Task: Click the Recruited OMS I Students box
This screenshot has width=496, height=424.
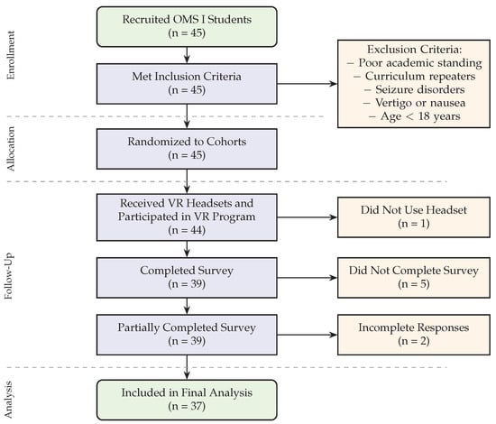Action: click(187, 27)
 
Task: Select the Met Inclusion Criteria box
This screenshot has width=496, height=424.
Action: click(187, 84)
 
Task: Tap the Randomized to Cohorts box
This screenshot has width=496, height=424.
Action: click(187, 149)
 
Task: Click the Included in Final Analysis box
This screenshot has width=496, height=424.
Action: click(187, 400)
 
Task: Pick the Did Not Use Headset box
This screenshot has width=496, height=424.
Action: click(414, 217)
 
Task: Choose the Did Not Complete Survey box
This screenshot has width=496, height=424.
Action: click(414, 278)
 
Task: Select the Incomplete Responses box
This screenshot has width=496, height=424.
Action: click(414, 335)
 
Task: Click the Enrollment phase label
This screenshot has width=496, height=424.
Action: click(11, 55)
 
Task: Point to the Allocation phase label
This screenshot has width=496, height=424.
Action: click(11, 149)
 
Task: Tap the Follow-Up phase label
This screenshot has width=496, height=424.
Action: click(9, 276)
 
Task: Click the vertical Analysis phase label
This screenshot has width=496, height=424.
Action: click(9, 400)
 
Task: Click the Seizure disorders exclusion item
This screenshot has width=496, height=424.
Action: click(415, 89)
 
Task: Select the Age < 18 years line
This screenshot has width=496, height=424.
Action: click(415, 116)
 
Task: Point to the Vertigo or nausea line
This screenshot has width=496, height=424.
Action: click(415, 103)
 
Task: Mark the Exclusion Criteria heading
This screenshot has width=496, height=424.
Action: click(415, 50)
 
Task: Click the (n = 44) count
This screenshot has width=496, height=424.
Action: click(187, 230)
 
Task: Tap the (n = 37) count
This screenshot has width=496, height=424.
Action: click(187, 406)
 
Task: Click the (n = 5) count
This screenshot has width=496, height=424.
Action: click(414, 284)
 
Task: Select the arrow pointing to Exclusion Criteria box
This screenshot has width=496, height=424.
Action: click(308, 84)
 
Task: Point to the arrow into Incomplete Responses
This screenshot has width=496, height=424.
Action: click(308, 335)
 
